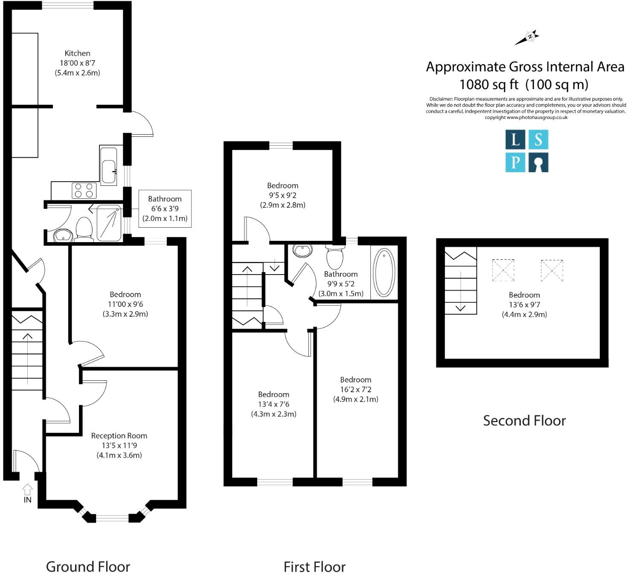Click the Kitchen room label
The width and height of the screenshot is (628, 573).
[77, 53]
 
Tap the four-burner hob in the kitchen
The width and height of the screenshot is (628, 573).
[84, 190]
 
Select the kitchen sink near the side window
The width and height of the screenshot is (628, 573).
[108, 171]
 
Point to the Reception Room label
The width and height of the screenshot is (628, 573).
[119, 436]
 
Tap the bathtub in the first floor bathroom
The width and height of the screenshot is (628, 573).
[384, 273]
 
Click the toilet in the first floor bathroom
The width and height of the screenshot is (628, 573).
[335, 257]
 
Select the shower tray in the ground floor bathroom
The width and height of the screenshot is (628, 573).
[109, 223]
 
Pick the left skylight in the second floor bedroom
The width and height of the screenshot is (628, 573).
[503, 270]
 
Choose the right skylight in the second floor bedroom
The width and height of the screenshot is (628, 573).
[552, 270]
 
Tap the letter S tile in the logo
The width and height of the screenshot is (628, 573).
[538, 139]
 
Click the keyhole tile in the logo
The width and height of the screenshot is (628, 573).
[538, 163]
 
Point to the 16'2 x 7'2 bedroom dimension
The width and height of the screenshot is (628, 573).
[355, 389]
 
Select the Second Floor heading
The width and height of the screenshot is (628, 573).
[524, 421]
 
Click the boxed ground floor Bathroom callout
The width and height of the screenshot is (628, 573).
[165, 208]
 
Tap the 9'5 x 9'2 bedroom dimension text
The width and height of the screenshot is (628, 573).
[282, 195]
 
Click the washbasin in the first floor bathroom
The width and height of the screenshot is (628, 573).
[303, 251]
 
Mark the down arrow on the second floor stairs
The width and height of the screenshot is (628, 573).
[460, 308]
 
